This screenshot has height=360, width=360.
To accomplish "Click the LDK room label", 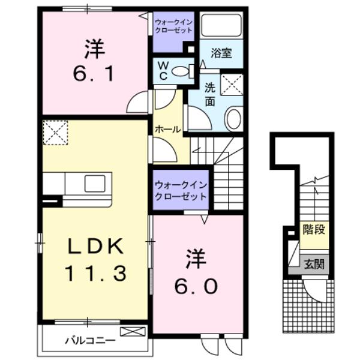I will tap(94, 246).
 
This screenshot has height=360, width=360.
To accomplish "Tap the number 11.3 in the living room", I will tap(95, 274).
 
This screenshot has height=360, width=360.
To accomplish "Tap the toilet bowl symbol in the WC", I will tap(180, 71).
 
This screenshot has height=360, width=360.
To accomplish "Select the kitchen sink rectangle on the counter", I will tap(95, 183).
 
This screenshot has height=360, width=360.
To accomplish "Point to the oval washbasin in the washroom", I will tap(233, 118).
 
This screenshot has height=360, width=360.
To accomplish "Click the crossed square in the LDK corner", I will tap(55, 132).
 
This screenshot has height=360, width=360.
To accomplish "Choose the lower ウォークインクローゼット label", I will tap(180, 191).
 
